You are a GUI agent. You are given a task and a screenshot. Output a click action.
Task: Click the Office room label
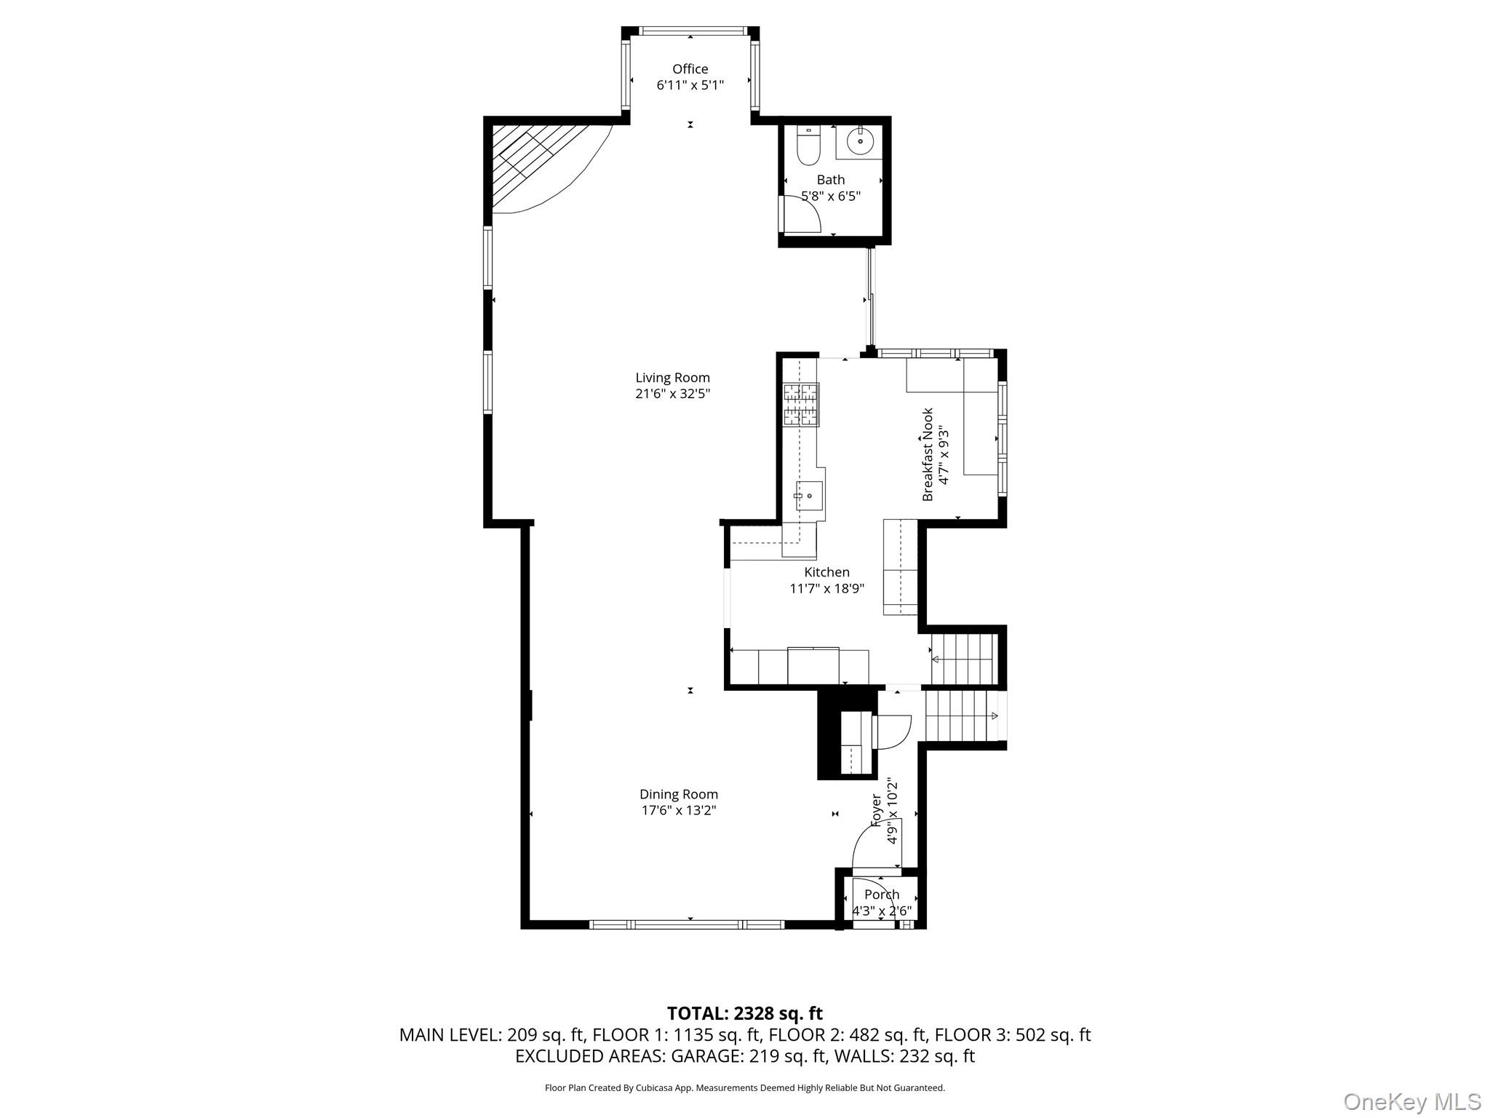click(x=690, y=69)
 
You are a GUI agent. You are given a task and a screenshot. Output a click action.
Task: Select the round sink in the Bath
click(x=860, y=141)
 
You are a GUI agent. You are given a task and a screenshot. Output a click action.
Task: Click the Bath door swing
click(x=800, y=215)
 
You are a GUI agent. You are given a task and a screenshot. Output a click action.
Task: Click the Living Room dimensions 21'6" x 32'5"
click(x=672, y=394)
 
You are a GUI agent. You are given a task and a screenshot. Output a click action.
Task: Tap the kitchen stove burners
click(x=800, y=404)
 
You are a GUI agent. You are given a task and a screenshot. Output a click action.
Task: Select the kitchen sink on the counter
click(x=809, y=496)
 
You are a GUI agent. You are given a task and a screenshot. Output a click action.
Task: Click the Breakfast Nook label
click(x=928, y=455)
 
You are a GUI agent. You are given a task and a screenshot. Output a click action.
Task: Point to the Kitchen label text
click(x=826, y=572)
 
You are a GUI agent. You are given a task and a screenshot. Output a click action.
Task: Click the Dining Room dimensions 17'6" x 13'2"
click(x=678, y=810)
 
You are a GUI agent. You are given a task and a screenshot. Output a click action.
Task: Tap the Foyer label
click(x=877, y=810)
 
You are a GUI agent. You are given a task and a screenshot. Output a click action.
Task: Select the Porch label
click(x=882, y=895)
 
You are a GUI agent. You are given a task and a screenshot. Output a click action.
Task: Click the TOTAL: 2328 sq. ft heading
click(x=744, y=1013)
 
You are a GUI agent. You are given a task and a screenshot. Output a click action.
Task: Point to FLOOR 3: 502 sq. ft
click(x=1012, y=1034)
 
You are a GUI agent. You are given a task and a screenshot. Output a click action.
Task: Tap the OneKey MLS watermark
click(x=1411, y=1102)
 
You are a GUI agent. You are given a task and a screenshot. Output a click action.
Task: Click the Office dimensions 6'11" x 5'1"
click(x=690, y=85)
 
